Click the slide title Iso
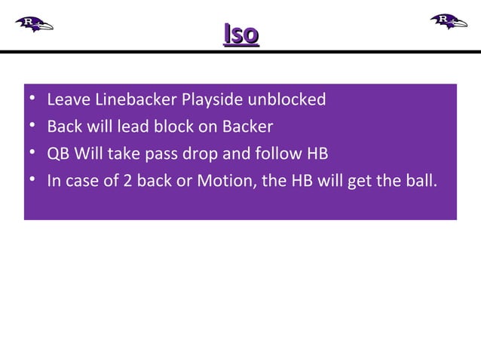click(241, 34)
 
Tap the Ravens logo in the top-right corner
click(449, 20)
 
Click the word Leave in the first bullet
click(65, 99)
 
